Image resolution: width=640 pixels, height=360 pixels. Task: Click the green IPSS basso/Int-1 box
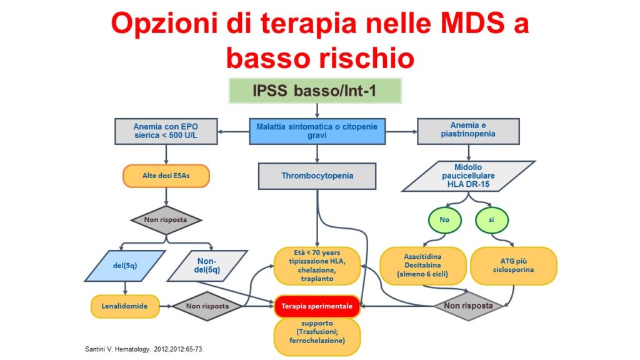click(x=315, y=91)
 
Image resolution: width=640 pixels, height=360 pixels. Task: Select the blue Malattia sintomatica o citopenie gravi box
click(x=317, y=131)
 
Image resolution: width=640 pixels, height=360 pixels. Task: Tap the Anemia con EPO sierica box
click(x=166, y=131)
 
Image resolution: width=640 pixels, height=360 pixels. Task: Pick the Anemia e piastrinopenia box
click(x=468, y=131)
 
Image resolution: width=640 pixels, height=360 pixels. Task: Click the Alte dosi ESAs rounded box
click(x=166, y=176)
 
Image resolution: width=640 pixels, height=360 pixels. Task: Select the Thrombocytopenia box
click(x=317, y=176)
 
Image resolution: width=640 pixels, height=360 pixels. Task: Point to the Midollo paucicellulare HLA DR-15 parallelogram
click(x=468, y=176)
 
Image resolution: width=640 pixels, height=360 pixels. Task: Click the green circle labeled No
click(x=444, y=220)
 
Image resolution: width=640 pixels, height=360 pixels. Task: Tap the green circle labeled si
click(x=492, y=220)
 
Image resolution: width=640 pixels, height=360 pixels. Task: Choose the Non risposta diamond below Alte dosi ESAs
click(x=166, y=220)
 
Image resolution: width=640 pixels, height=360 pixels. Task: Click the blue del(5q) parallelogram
click(x=125, y=266)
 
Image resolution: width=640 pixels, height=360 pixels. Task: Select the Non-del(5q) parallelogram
click(x=207, y=266)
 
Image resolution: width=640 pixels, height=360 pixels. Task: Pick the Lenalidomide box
click(x=125, y=306)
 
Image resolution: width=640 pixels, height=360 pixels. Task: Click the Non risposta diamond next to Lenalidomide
click(x=207, y=306)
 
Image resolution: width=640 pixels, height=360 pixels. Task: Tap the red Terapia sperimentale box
click(x=317, y=306)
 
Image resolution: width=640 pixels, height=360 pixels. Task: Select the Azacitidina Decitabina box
click(x=423, y=266)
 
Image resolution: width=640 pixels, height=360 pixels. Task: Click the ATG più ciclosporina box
click(x=514, y=266)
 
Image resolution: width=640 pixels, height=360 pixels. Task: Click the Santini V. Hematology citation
click(x=144, y=349)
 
